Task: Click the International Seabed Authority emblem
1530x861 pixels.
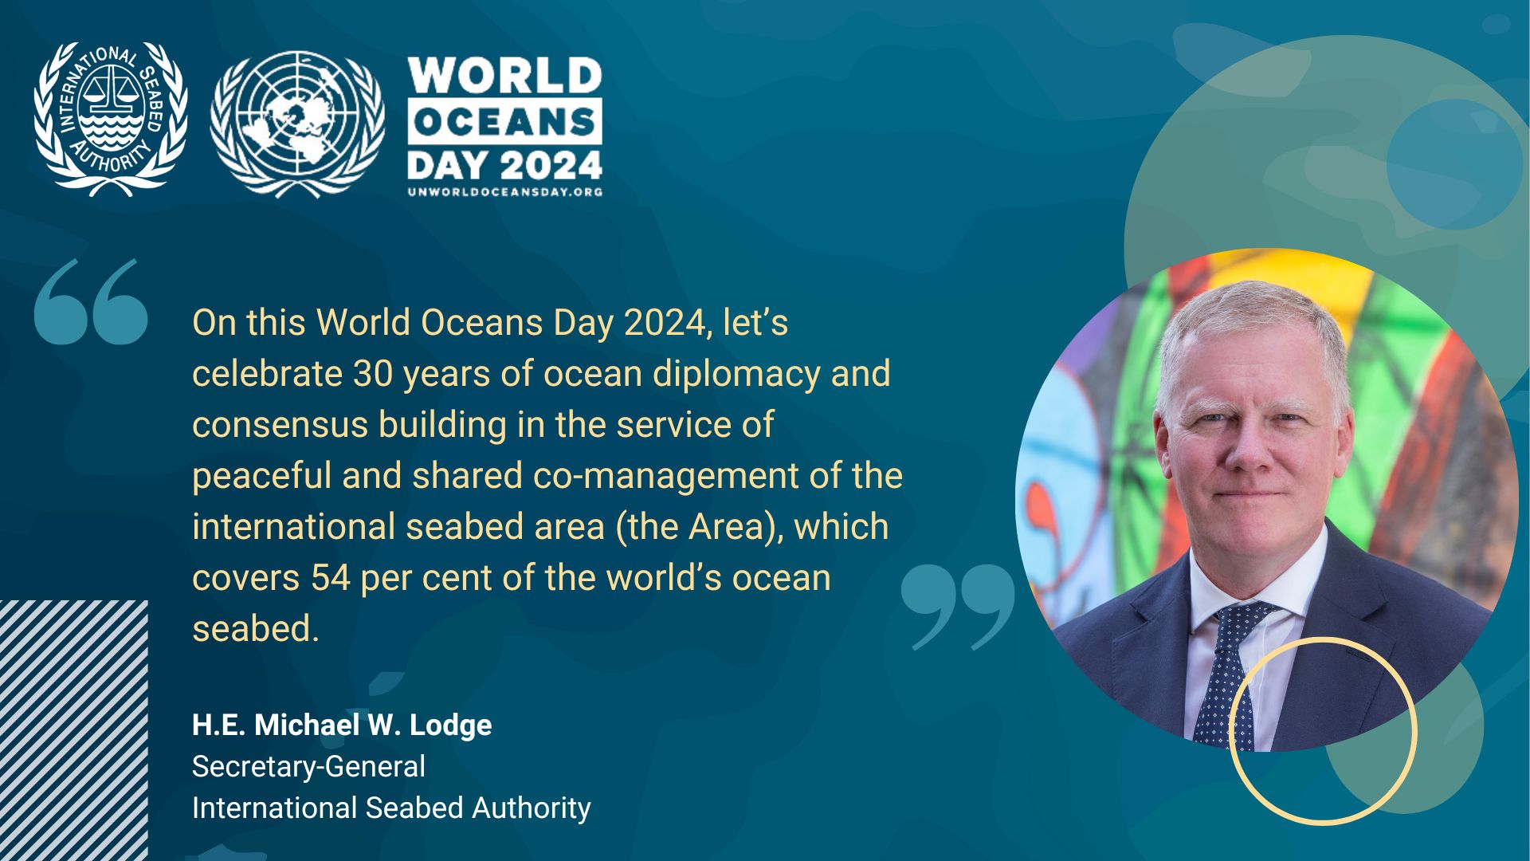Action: (x=111, y=120)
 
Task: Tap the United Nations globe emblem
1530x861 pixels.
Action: (x=297, y=124)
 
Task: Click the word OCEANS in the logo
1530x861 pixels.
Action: (x=505, y=122)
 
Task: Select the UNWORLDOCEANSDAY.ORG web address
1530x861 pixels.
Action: (x=505, y=191)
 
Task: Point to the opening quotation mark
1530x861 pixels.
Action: (x=91, y=301)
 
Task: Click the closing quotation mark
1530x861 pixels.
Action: (x=958, y=607)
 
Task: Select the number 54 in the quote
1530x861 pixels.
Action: (x=331, y=577)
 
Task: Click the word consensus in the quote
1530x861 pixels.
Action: (x=280, y=425)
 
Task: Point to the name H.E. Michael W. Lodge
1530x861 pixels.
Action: (x=342, y=725)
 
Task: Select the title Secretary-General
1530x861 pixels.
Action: (x=308, y=767)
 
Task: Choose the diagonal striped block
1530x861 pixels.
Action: (x=74, y=730)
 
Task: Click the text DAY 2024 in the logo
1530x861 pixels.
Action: (x=505, y=165)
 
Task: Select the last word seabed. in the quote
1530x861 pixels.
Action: (x=255, y=628)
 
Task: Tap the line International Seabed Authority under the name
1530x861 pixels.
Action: (x=391, y=808)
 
